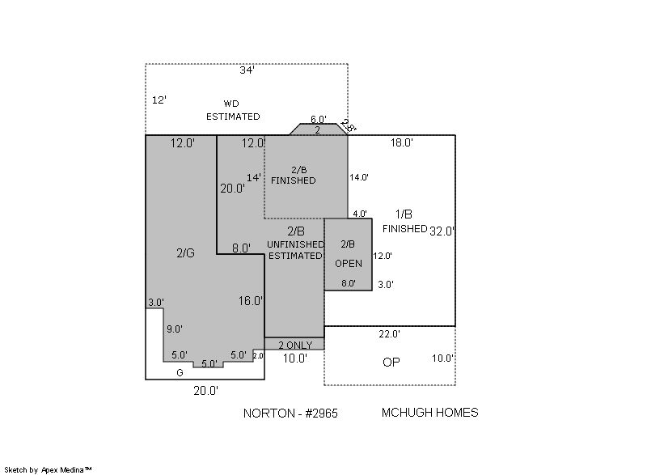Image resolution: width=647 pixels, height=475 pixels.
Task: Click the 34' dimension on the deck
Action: click(247, 70)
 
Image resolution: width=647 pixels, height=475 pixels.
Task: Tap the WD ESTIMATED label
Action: click(233, 110)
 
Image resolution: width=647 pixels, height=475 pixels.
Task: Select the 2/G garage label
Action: click(185, 253)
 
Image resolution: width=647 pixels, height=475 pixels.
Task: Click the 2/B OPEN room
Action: click(349, 254)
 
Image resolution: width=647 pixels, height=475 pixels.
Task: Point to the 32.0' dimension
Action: click(442, 231)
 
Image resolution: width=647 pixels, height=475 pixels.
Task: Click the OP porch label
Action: click(391, 363)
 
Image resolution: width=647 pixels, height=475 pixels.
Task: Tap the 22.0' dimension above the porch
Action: click(389, 334)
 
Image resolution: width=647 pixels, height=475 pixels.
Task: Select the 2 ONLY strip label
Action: click(295, 345)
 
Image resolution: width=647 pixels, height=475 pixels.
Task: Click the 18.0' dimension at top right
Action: click(401, 142)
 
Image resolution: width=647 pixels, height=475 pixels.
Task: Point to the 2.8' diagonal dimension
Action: click(349, 126)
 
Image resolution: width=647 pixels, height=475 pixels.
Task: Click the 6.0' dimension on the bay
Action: click(318, 119)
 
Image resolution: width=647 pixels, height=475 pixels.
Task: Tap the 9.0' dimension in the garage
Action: click(175, 329)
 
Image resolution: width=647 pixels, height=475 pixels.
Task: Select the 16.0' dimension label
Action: click(251, 301)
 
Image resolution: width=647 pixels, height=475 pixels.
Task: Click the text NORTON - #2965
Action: click(290, 414)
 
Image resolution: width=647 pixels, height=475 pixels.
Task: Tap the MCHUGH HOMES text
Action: click(430, 412)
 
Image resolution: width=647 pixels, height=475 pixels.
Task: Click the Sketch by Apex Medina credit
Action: click(49, 469)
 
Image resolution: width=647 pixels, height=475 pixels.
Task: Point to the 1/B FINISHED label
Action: click(404, 222)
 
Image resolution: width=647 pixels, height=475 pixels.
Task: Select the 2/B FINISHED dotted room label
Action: click(294, 175)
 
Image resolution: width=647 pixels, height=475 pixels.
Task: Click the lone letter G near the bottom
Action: click(180, 373)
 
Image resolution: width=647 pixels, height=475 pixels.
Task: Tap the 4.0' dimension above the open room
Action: click(360, 214)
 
